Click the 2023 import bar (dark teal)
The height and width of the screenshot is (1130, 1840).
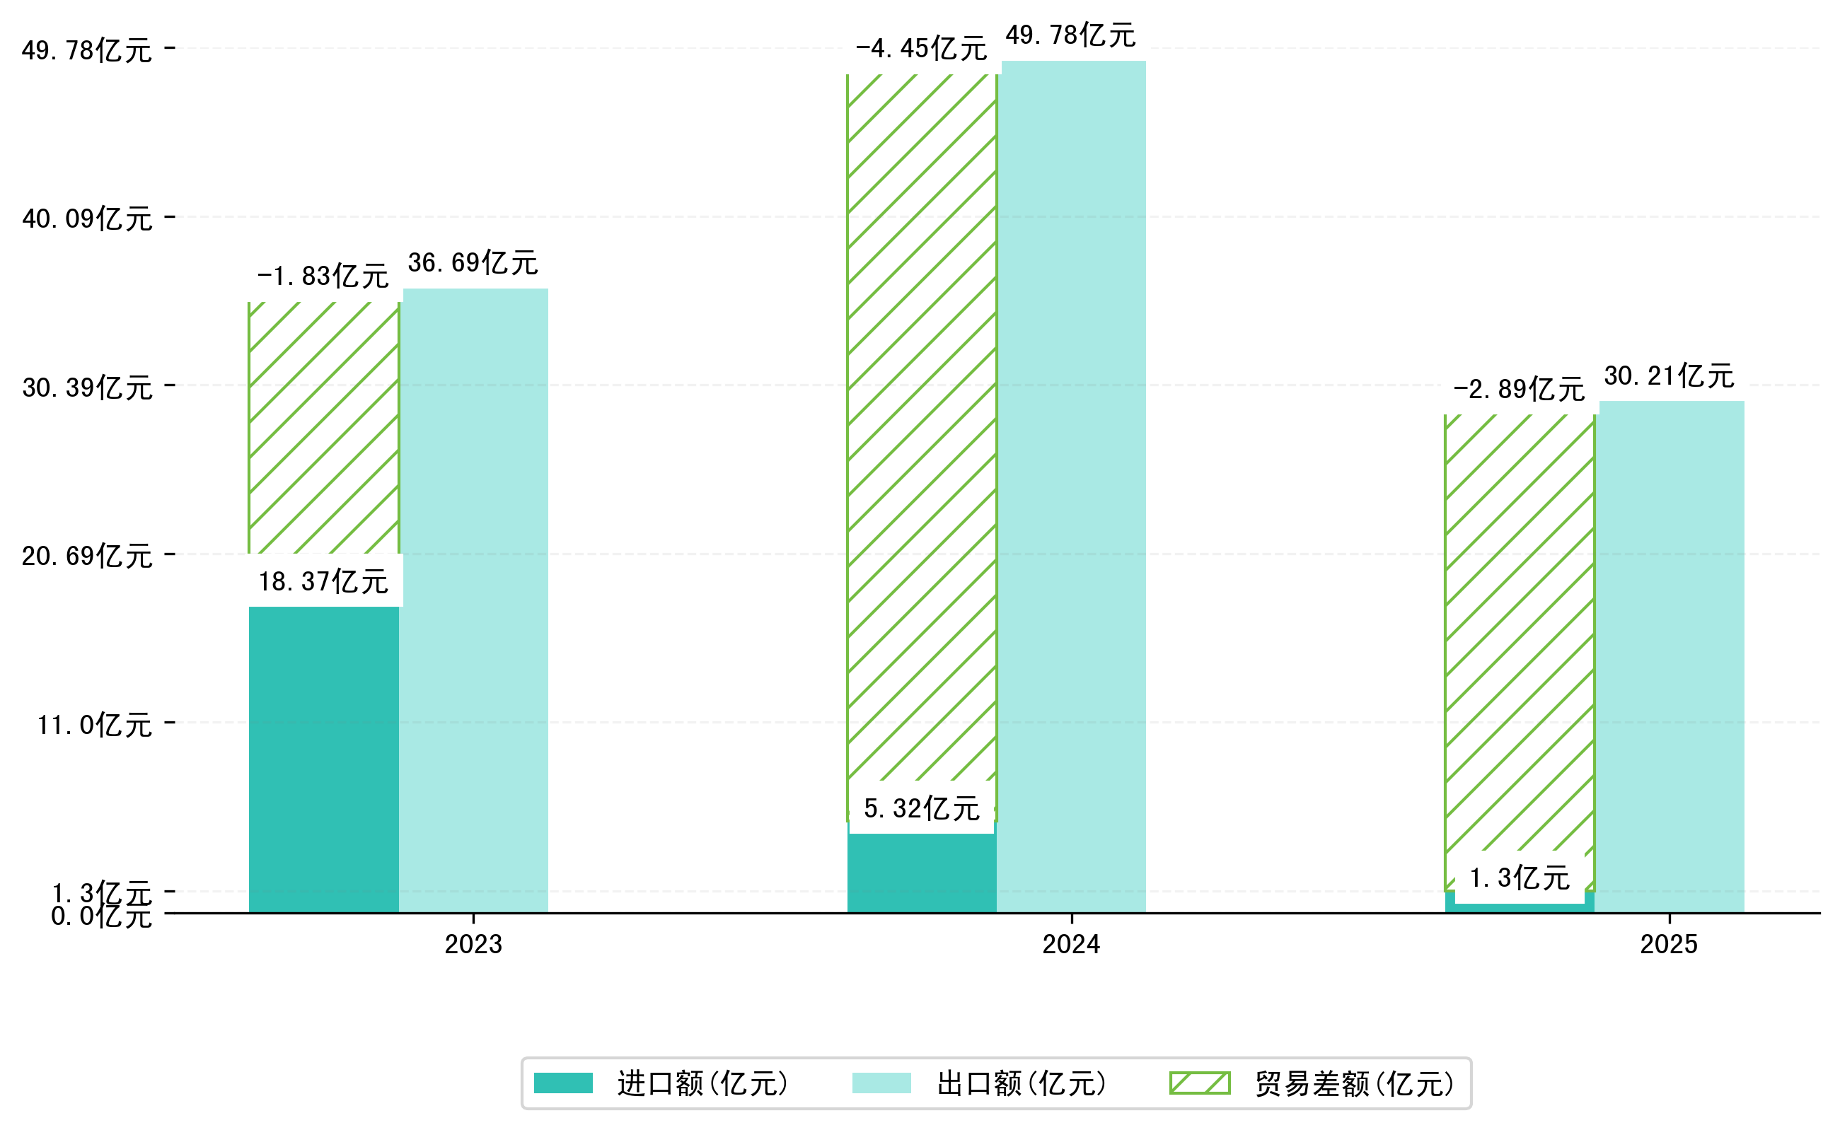pos(323,759)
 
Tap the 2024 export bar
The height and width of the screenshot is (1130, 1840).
pos(1073,486)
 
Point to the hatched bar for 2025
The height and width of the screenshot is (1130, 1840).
pos(1520,635)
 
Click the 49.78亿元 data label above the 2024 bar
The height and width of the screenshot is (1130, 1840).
pos(1070,35)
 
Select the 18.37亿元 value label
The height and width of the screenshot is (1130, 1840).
pos(323,581)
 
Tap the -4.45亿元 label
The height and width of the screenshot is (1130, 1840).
pos(920,49)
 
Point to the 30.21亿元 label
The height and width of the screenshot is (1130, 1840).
pos(1669,375)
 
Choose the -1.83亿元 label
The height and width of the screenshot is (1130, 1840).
pos(323,276)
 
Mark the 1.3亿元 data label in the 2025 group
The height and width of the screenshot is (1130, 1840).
pos(1520,878)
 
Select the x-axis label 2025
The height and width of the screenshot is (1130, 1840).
pos(1669,945)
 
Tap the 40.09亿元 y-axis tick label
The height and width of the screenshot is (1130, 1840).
pos(88,219)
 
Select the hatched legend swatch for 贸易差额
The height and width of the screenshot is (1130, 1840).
pos(1199,1083)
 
